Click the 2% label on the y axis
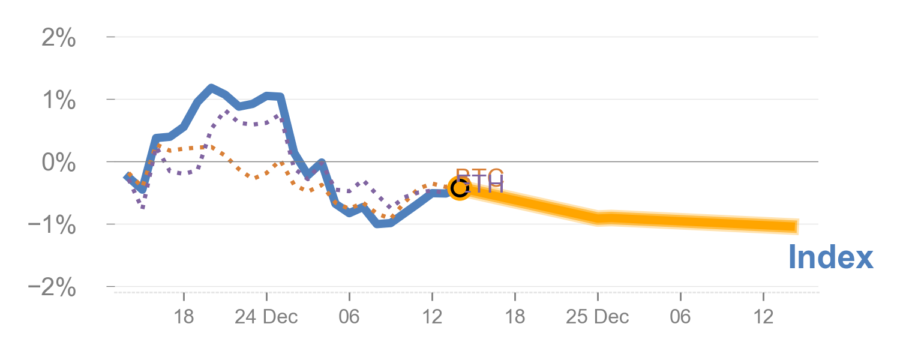point(59,39)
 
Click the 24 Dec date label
point(266,317)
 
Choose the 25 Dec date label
point(598,317)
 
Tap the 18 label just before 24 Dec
point(184,317)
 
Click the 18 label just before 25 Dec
point(515,317)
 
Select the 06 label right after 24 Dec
point(349,317)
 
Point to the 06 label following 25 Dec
point(680,317)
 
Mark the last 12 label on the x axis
point(763,317)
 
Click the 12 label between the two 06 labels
point(432,317)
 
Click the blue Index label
point(830,257)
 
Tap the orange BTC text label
point(480,176)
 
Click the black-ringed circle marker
point(459,188)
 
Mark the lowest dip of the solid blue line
point(378,224)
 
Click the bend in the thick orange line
point(598,218)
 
